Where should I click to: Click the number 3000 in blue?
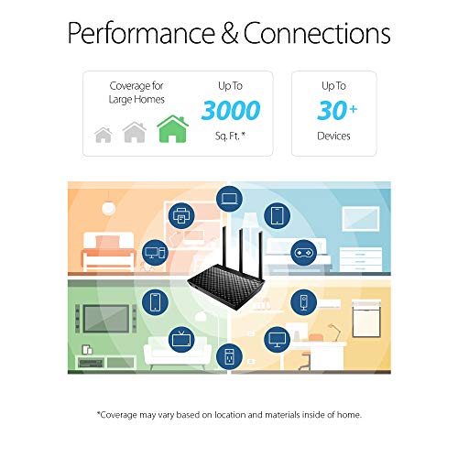coord(231,111)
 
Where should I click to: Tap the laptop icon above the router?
coord(229,199)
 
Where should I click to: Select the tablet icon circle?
coord(277,216)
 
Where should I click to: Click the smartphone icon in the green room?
coord(156,301)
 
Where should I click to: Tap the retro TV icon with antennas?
coord(184,338)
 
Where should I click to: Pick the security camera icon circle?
coord(302,301)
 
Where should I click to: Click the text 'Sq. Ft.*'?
coord(231,136)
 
